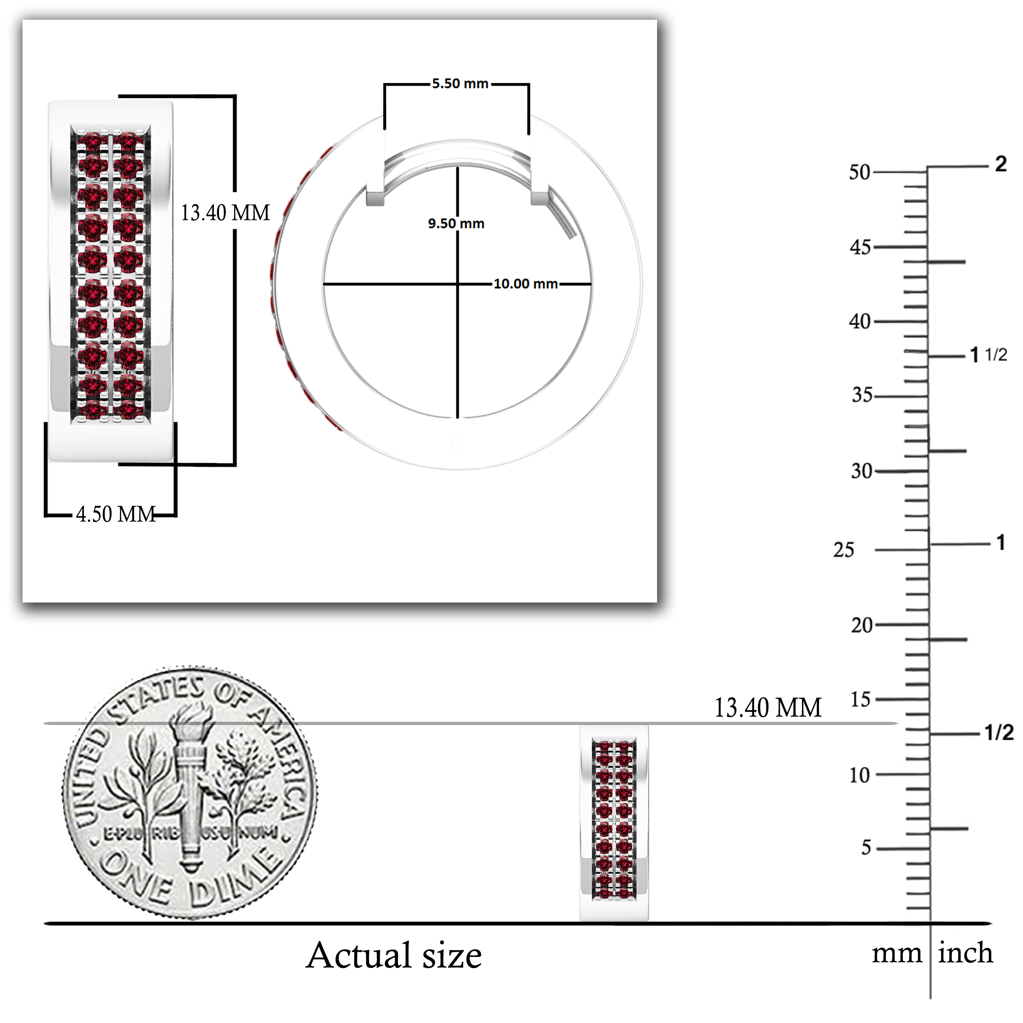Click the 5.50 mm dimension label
coord(460,84)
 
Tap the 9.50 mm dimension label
coord(456,223)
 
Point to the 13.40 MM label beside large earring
coord(225,213)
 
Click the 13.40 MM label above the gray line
coord(768,708)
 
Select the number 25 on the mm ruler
coord(844,550)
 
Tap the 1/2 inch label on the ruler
coord(999,732)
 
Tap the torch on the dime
coord(191,789)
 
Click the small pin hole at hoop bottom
coord(457,444)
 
